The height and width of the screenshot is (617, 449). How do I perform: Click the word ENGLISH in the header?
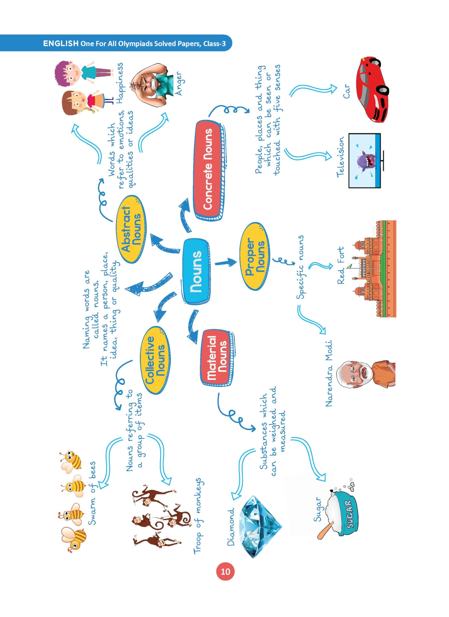[61, 44]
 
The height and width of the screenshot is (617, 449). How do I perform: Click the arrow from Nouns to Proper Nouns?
[226, 262]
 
